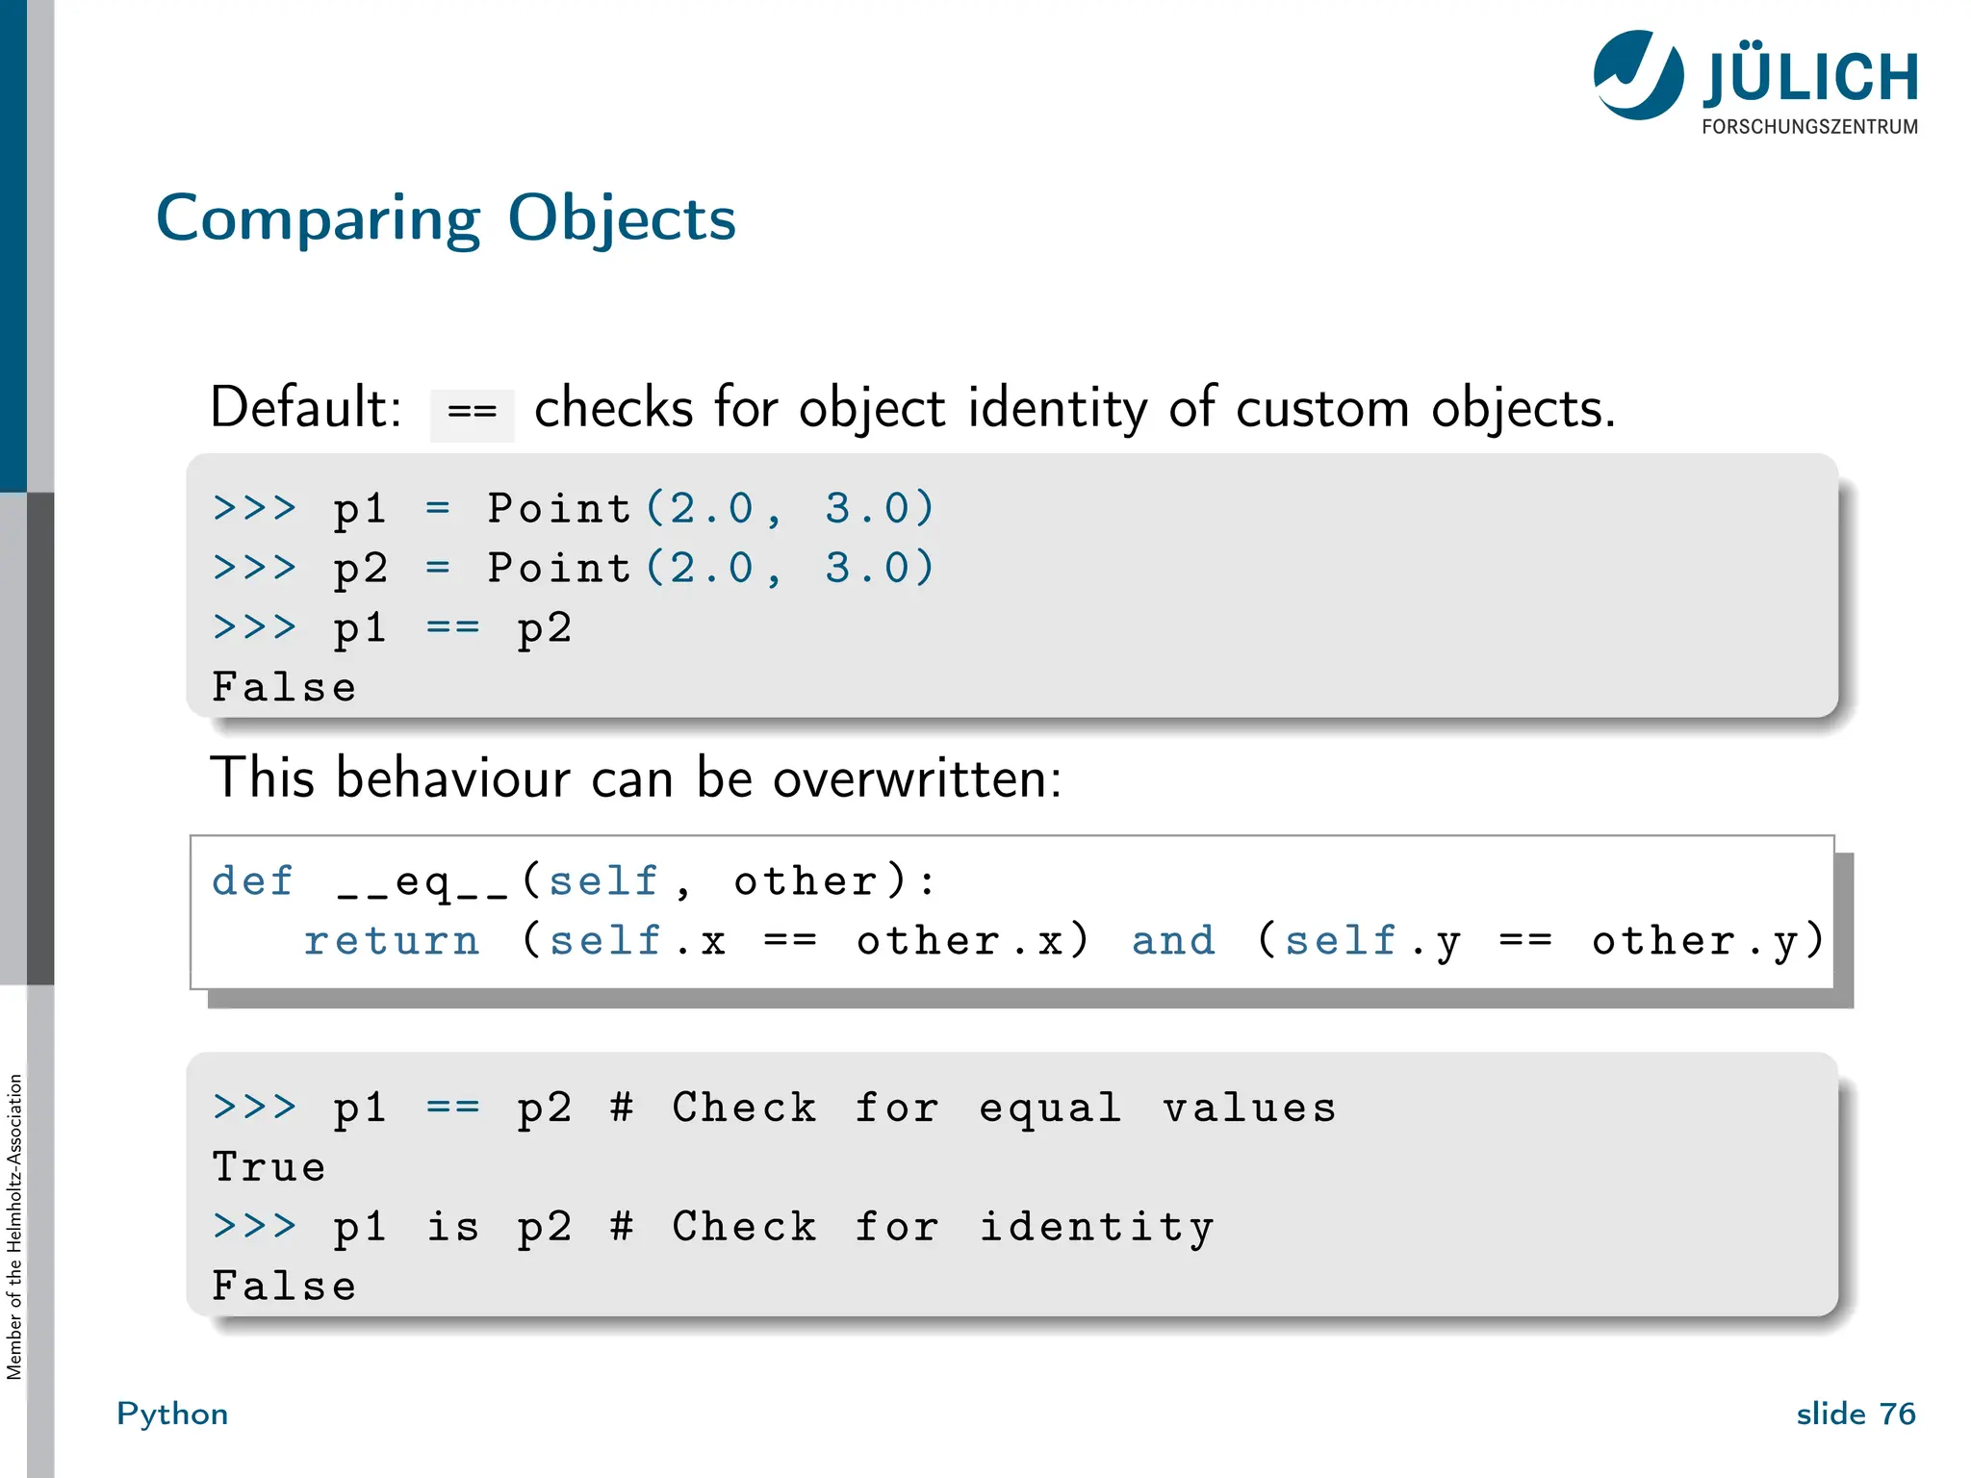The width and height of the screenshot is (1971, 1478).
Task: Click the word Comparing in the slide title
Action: (318, 219)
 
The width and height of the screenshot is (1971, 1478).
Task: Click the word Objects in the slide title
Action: (621, 219)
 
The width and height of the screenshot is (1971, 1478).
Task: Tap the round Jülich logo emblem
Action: (1638, 75)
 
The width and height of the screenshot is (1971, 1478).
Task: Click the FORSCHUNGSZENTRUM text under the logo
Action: (1809, 127)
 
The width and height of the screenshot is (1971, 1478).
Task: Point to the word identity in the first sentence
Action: (1057, 408)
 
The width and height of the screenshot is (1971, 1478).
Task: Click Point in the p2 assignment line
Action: (558, 568)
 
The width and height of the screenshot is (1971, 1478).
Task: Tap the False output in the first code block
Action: (284, 687)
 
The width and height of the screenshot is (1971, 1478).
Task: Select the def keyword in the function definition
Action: (252, 881)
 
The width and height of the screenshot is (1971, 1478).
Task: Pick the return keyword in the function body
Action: (391, 941)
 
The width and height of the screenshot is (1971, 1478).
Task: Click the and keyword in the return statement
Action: (1173, 941)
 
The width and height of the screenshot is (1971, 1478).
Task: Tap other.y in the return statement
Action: (1706, 941)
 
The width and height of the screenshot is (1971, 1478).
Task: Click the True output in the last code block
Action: (269, 1167)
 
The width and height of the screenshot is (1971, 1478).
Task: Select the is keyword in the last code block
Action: (452, 1227)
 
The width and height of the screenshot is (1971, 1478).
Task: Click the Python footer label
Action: (172, 1414)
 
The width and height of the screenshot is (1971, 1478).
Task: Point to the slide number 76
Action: (1897, 1414)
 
